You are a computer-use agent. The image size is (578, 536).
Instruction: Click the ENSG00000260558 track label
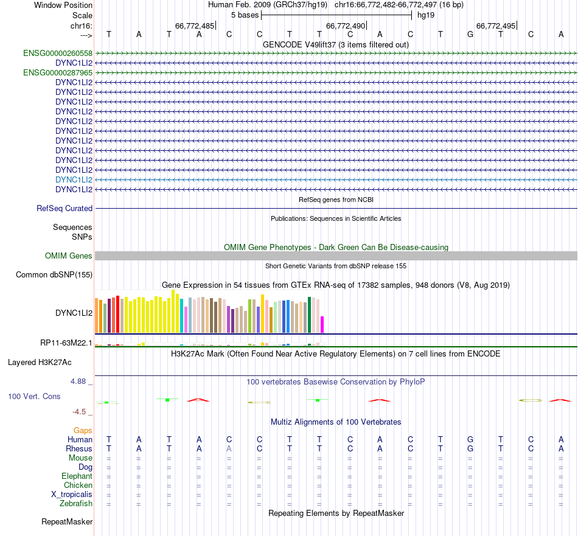coord(58,54)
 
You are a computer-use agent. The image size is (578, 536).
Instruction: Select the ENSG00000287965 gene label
coord(58,73)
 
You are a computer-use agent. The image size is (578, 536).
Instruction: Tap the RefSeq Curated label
coord(64,209)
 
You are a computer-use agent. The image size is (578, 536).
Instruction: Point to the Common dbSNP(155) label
coord(54,275)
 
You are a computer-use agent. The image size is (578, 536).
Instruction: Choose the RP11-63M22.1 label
coord(66,343)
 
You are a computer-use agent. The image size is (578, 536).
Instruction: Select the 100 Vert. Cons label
coord(34,397)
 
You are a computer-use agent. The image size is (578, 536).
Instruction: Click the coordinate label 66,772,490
coord(346,26)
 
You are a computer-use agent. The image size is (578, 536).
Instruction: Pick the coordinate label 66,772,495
coord(496,26)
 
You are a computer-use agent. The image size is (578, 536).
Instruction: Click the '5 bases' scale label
coord(245,15)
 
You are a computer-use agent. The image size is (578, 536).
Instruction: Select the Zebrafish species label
coord(76,504)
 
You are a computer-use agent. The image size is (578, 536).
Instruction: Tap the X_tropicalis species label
coord(72,495)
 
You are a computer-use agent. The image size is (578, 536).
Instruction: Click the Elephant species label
coord(77,476)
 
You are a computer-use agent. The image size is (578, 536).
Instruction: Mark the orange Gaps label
coord(83,431)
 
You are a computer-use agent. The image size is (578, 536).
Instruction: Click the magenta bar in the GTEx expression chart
coord(322,324)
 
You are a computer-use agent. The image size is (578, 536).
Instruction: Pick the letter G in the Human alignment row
coord(470,440)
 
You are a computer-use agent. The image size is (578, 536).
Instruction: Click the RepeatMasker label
coord(67,522)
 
